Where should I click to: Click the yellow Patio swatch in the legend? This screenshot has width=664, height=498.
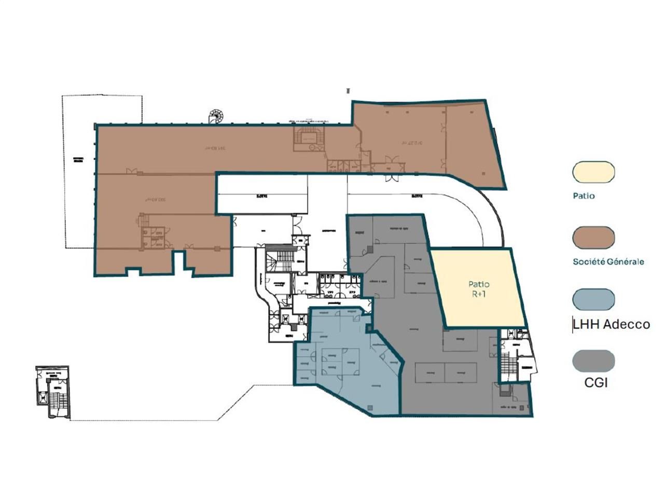(x=593, y=172)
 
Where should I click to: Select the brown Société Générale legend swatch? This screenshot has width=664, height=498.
(x=593, y=238)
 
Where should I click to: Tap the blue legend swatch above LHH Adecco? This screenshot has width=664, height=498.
(x=593, y=300)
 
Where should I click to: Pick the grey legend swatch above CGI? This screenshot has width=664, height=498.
(x=593, y=361)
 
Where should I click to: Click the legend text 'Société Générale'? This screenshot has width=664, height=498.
(x=608, y=261)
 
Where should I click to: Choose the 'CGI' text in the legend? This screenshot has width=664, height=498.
(x=596, y=383)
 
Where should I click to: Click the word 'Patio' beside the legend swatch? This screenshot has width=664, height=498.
(x=584, y=196)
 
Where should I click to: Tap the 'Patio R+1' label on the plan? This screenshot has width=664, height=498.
(x=478, y=289)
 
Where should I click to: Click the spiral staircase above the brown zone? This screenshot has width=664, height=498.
(x=214, y=116)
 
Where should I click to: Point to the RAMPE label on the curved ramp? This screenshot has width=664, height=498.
(x=418, y=196)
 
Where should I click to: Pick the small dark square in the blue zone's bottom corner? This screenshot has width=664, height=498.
(x=369, y=408)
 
